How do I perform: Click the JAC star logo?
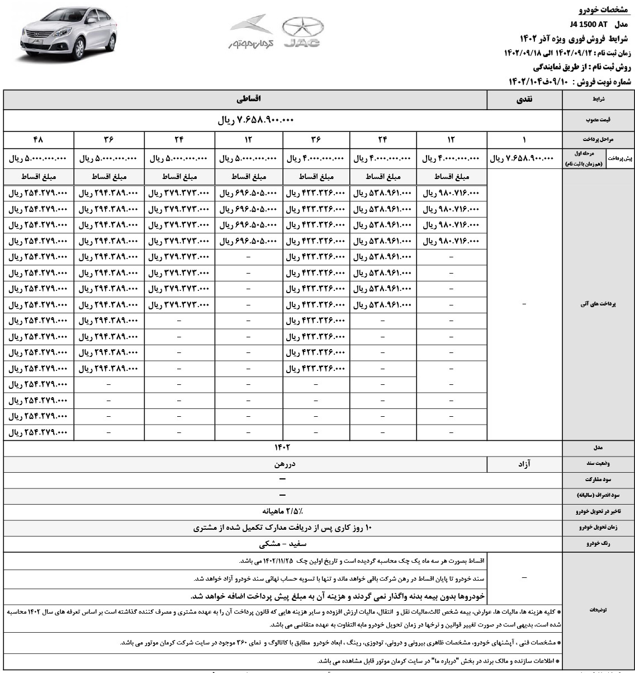tap(303, 32)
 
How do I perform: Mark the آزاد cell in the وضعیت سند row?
tap(524, 464)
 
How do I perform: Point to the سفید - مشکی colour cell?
tap(283, 544)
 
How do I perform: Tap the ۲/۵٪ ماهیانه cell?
tap(283, 511)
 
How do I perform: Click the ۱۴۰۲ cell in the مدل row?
tap(283, 448)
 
